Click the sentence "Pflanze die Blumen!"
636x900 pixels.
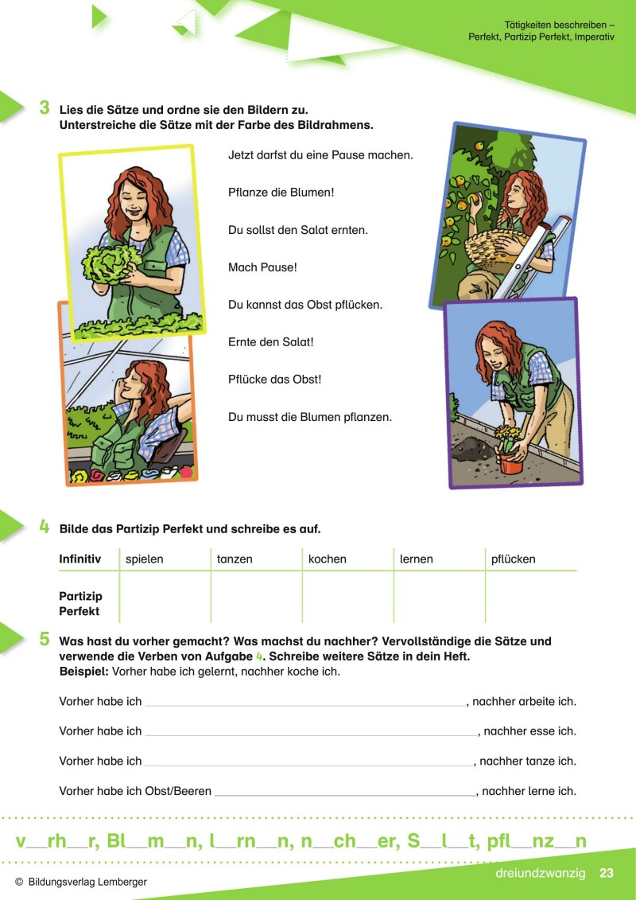click(x=281, y=193)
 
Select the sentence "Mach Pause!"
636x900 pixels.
click(x=262, y=267)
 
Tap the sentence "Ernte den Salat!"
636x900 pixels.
click(x=270, y=342)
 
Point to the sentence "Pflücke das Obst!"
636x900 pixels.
click(x=275, y=380)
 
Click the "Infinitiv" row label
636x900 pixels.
click(x=80, y=559)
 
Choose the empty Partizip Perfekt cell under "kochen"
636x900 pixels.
click(x=347, y=597)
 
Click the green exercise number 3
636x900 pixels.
click(x=45, y=108)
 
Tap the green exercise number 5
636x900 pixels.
click(x=45, y=640)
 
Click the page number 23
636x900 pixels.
click(x=606, y=873)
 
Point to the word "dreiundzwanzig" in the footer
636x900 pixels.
click(x=541, y=873)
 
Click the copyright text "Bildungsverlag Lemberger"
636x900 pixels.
click(x=87, y=882)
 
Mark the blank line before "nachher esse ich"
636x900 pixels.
click(x=312, y=735)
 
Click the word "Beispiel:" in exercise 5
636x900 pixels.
click(x=83, y=672)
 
